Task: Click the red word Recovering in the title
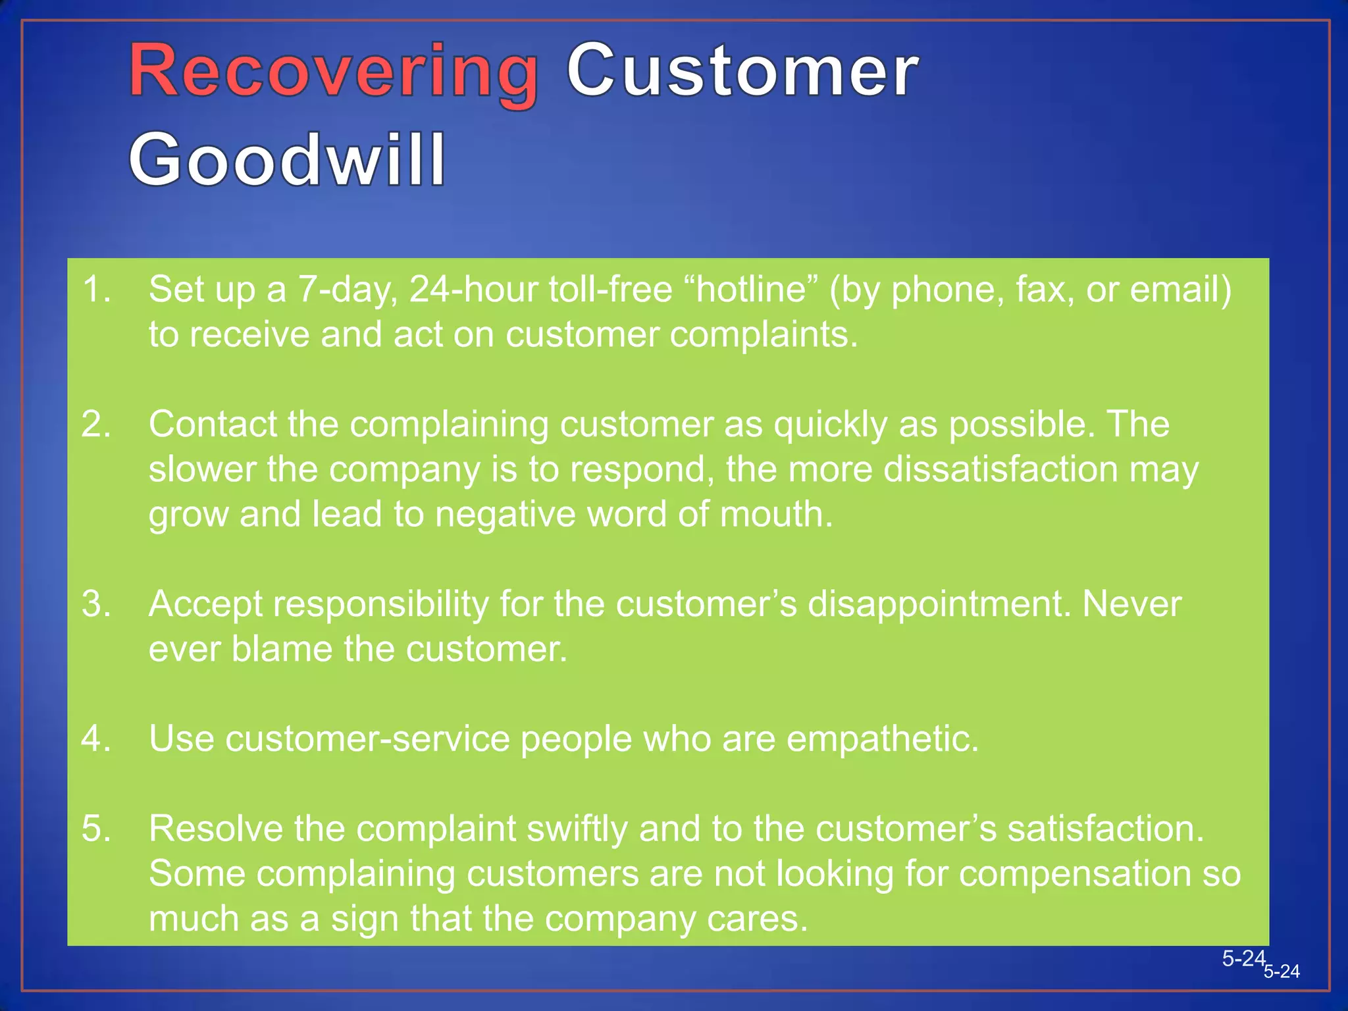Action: [x=333, y=70]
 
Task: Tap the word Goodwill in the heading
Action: [x=287, y=159]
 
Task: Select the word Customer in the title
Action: [x=742, y=70]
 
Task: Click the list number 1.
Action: [x=96, y=290]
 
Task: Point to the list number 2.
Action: [x=96, y=425]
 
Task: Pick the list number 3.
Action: [x=96, y=604]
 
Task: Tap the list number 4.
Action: [x=96, y=739]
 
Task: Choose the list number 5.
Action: [x=96, y=829]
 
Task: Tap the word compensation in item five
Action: [x=1074, y=874]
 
